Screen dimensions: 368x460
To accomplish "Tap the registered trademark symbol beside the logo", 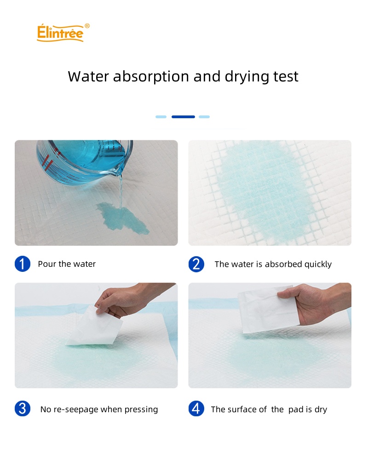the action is point(87,26).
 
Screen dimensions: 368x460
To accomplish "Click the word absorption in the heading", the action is point(151,76).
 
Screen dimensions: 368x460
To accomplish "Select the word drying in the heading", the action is point(247,77).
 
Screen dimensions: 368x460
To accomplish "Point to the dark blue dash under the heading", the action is point(183,117).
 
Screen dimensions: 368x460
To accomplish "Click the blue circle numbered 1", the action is point(23,264).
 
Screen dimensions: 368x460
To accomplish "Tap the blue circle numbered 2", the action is point(196,264).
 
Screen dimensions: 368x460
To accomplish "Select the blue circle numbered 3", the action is point(23,408).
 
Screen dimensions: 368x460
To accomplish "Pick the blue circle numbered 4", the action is point(196,408).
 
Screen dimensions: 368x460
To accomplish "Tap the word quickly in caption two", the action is point(318,264).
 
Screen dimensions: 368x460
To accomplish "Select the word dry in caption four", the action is point(321,409).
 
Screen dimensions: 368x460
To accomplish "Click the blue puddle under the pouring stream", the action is point(122,218).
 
